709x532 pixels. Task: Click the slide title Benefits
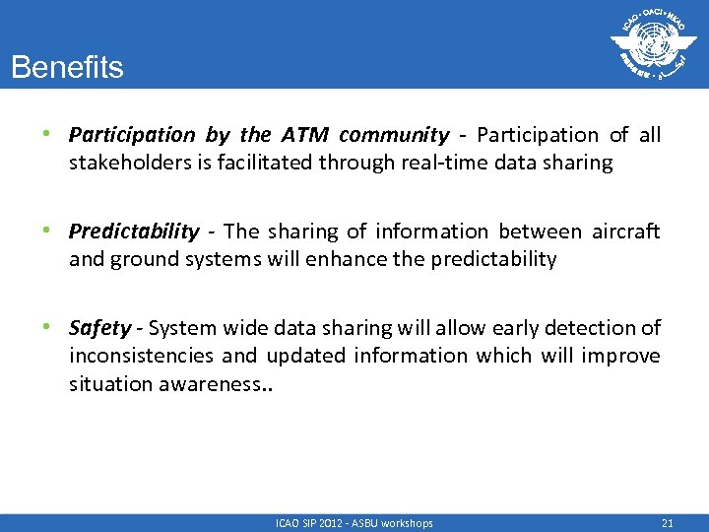pos(67,68)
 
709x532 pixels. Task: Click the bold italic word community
pos(394,135)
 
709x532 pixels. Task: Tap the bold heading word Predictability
pos(134,232)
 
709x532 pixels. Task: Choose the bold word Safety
pos(99,328)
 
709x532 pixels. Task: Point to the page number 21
pos(668,523)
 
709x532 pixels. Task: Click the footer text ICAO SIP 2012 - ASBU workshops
pos(354,523)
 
